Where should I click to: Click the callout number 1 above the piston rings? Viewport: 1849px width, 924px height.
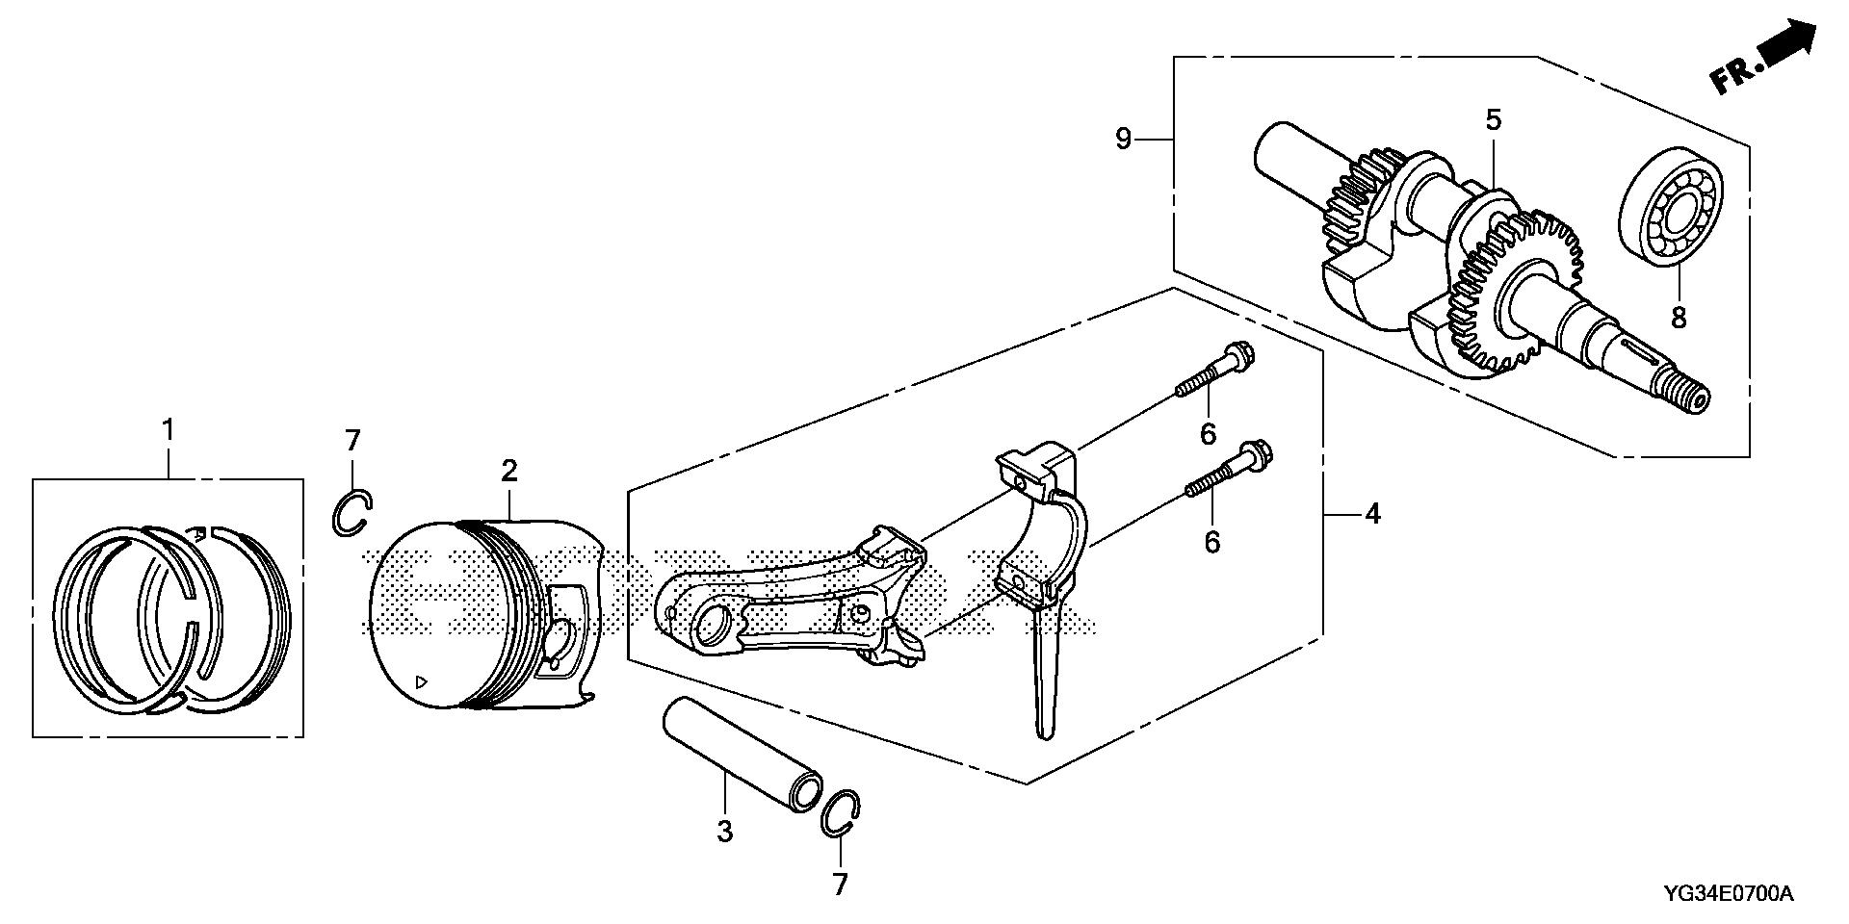point(169,430)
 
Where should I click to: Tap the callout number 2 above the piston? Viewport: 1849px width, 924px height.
point(508,471)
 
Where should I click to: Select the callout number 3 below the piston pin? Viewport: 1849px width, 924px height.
point(724,830)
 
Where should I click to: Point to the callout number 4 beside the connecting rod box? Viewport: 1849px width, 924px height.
point(1372,514)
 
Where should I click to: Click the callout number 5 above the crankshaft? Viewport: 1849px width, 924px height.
point(1493,120)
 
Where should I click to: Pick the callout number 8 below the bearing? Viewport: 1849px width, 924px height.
point(1679,317)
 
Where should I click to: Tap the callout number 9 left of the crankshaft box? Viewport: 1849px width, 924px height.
point(1123,139)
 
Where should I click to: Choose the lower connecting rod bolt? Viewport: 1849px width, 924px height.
point(1229,471)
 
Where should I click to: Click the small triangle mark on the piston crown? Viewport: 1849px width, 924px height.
point(420,681)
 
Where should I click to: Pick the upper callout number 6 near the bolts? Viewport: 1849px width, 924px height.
point(1208,433)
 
